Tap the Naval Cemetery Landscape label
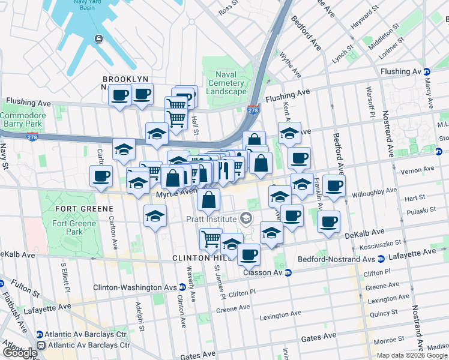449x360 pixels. point(226,83)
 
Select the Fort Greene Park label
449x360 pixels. point(74,227)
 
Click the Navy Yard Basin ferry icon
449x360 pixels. point(98,39)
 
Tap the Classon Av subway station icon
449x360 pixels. point(288,272)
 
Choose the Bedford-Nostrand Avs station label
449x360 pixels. point(337,260)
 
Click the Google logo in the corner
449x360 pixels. point(20,353)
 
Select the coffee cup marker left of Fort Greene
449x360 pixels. point(101,176)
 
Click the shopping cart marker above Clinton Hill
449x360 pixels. point(211,239)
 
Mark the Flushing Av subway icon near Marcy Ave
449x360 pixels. point(426,71)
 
